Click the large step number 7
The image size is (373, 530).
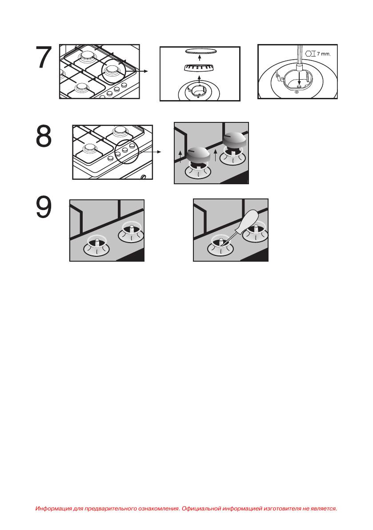click(44, 57)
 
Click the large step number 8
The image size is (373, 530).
click(44, 136)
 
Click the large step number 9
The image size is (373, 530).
click(44, 207)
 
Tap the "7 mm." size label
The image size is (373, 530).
click(323, 54)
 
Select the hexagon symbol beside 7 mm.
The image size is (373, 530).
click(308, 53)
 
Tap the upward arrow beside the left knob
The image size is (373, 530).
click(180, 157)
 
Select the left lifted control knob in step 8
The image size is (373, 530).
click(198, 156)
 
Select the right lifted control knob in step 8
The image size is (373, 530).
click(236, 140)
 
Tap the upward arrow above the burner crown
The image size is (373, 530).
click(200, 79)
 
